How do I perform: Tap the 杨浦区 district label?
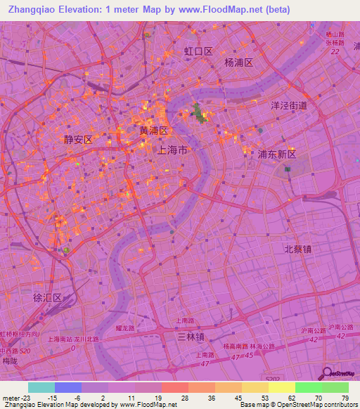point(238,62)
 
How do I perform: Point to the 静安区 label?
point(77,140)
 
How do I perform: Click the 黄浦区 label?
point(153,131)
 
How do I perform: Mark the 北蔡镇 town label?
point(298,249)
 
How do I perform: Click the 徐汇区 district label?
point(48,297)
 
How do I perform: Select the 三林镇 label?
point(191,337)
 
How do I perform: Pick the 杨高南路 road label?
point(237,346)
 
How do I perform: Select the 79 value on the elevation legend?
point(345,397)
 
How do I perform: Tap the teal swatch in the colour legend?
point(41,387)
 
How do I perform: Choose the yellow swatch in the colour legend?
point(281,387)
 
